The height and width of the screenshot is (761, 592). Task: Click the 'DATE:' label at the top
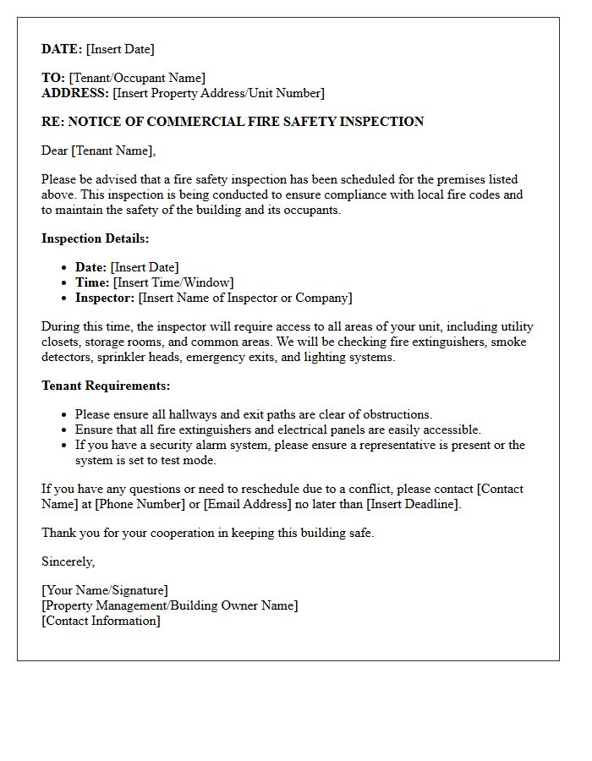point(62,49)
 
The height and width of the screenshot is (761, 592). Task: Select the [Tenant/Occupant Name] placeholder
point(137,78)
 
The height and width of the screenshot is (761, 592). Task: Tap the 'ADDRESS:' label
point(75,93)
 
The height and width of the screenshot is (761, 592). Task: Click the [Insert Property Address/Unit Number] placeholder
point(218,93)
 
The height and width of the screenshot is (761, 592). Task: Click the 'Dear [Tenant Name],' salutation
point(99,151)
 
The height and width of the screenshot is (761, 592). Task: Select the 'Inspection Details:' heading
point(96,238)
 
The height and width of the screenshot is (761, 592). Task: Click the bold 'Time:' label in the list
point(92,282)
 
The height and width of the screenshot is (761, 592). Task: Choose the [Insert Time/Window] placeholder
point(173,282)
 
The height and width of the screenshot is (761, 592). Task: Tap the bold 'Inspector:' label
point(105,298)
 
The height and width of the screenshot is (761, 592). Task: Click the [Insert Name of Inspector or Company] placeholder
point(245,298)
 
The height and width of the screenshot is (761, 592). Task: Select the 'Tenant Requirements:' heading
point(106,386)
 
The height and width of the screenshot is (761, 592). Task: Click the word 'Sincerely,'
point(69,561)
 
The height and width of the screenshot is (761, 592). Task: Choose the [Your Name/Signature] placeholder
point(105,590)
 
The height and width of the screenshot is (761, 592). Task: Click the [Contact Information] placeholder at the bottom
point(101,621)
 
